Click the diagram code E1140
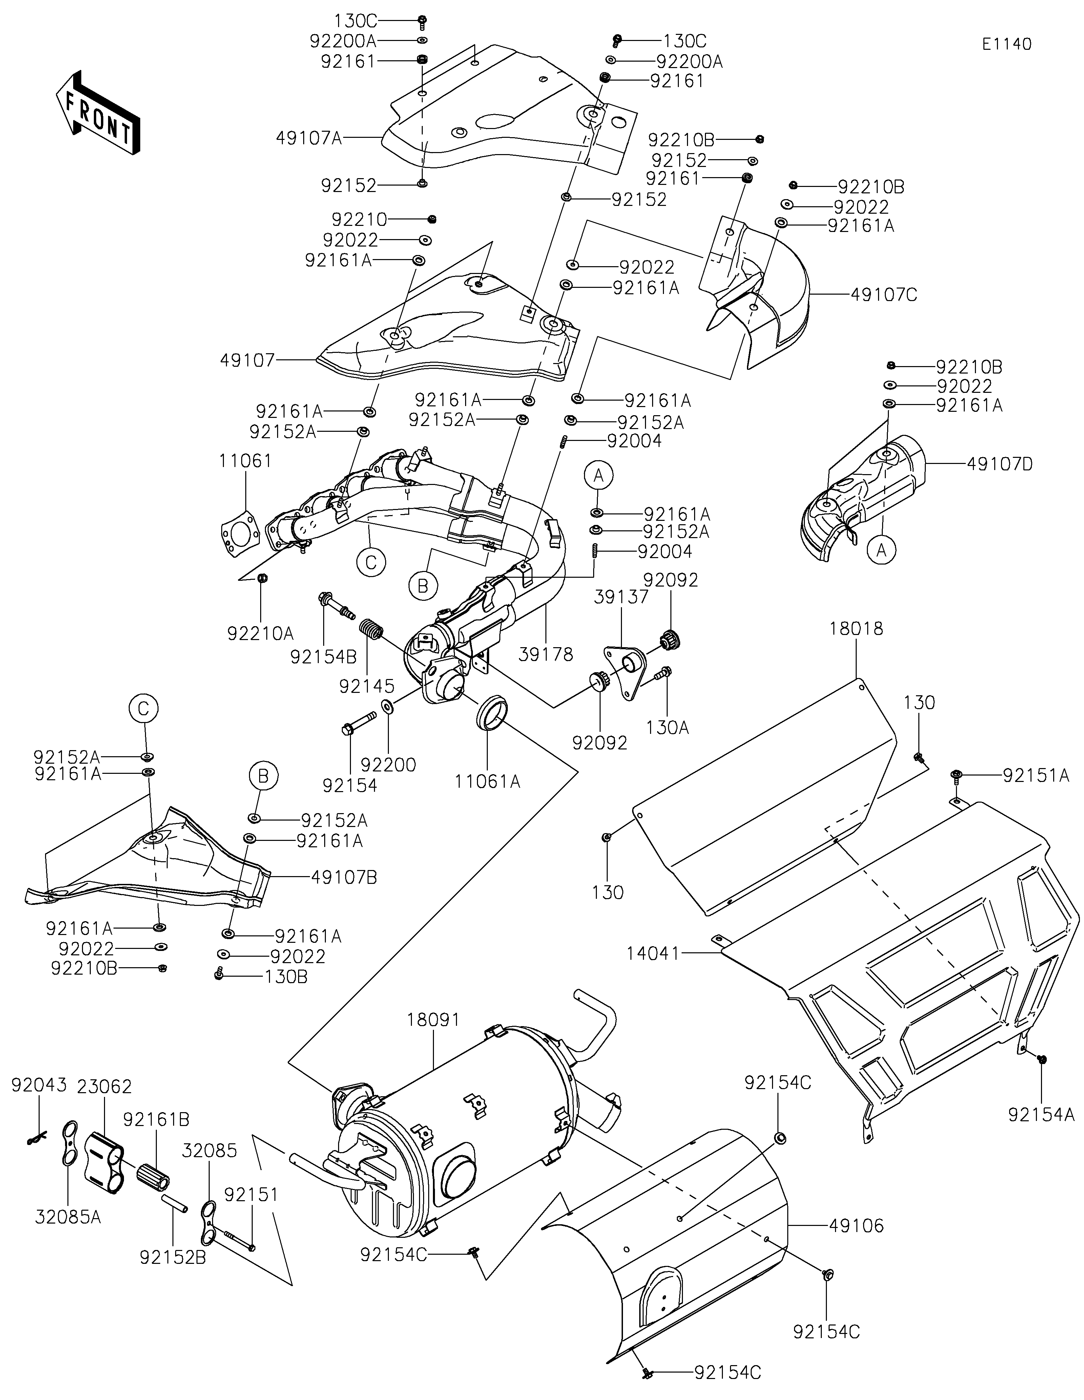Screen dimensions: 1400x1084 [x=1006, y=44]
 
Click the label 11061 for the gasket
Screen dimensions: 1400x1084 [x=246, y=461]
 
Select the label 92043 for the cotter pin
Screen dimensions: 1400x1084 [x=39, y=1085]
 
